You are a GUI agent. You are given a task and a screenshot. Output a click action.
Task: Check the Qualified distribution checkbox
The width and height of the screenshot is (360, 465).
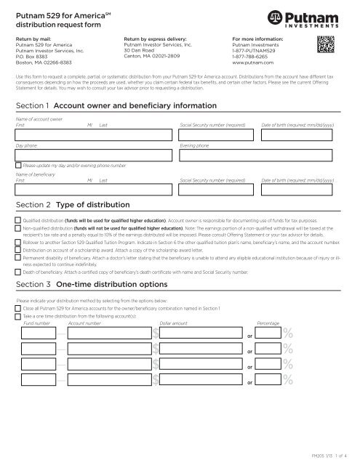19,219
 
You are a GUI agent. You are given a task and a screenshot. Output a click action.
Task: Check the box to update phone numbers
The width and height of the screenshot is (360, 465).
19,166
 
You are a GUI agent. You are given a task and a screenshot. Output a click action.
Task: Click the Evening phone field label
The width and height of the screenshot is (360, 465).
193,145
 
